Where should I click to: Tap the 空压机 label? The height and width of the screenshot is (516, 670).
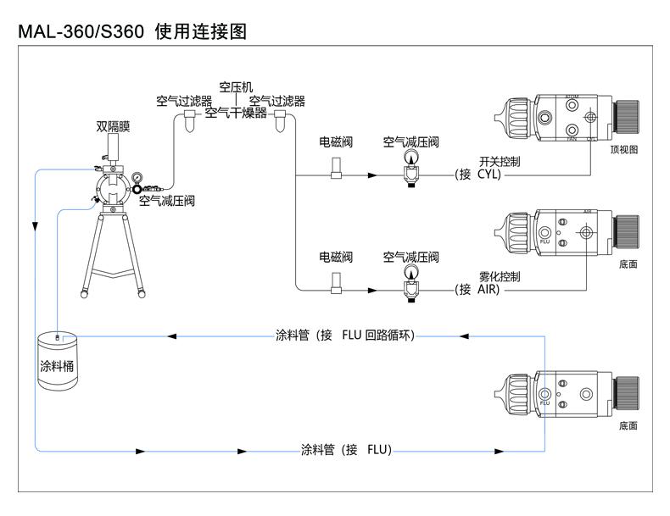(236, 87)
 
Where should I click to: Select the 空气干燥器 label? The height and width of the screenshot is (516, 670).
(236, 113)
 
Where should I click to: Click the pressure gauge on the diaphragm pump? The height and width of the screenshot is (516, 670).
(137, 179)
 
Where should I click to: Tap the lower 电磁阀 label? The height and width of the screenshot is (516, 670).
(336, 257)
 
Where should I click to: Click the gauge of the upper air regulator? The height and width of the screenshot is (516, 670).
(411, 156)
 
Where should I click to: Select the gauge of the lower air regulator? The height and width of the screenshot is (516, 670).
(411, 271)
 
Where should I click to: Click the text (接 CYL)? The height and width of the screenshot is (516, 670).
(480, 175)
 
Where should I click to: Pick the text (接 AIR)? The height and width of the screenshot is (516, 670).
(480, 290)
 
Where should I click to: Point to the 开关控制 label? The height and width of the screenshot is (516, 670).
(500, 161)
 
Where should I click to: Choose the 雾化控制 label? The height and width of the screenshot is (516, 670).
(500, 276)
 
